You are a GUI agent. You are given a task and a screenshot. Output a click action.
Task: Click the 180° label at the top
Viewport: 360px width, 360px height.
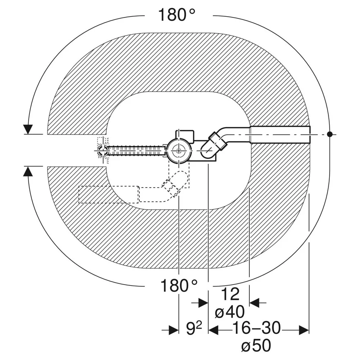coord(176,14)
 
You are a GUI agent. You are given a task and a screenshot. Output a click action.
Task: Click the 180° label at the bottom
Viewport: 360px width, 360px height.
coord(179,285)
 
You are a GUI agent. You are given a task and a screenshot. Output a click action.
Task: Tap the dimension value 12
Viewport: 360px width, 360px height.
coord(230,294)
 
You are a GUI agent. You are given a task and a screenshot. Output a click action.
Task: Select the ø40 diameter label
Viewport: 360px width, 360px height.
coord(230,312)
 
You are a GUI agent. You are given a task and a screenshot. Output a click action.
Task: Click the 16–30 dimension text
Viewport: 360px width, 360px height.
coord(256,328)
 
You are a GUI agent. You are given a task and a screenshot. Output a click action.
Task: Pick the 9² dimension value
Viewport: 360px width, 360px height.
coord(194,329)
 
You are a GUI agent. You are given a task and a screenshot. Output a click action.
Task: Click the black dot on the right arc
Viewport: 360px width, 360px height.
coord(330,134)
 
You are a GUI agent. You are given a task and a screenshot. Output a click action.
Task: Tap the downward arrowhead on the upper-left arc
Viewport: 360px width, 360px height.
coord(28,129)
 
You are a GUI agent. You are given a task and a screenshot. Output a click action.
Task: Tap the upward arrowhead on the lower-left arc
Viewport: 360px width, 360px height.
coord(28,171)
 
